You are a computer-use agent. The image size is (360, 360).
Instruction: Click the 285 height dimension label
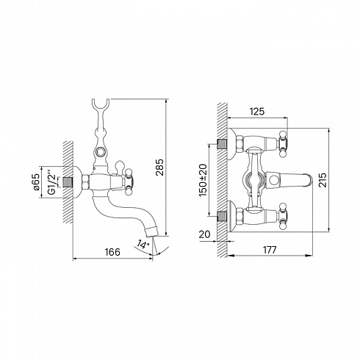coord(160,168)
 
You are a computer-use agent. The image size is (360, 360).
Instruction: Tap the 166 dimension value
coord(112,252)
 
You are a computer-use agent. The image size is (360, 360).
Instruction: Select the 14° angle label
coord(143,245)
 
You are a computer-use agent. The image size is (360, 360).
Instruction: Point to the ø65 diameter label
coord(36,182)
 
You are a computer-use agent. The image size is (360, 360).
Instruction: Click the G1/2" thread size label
coord(52,182)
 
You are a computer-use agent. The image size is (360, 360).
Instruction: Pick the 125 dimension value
coord(257,112)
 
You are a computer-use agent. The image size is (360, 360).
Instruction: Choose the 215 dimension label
coord(323,180)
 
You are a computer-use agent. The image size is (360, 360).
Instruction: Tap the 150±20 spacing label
coord(203,180)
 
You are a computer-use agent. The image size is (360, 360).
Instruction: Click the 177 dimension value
coord(270,250)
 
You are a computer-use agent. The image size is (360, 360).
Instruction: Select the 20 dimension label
coord(204,234)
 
